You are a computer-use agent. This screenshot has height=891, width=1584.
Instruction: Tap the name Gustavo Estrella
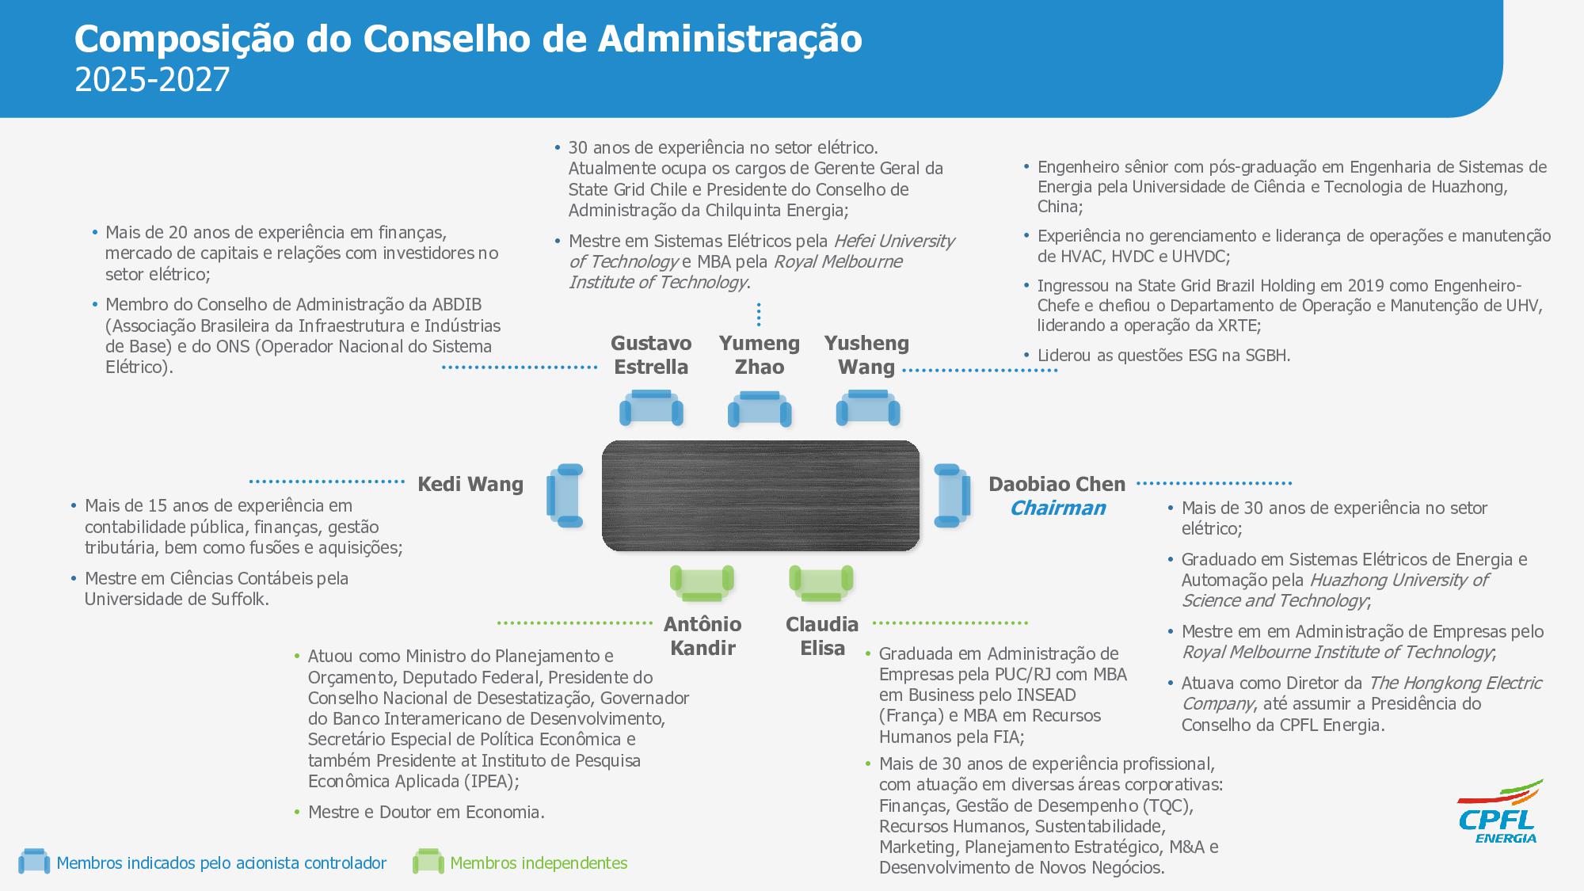coord(651,355)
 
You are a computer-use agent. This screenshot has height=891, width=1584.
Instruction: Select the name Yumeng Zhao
coord(759,355)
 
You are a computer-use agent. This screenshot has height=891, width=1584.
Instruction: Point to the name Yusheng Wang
coord(866,355)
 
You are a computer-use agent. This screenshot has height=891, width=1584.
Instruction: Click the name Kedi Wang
coord(470,484)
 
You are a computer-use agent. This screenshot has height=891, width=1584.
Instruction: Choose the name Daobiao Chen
coord(1057,484)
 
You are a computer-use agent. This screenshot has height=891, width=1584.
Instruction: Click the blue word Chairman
coord(1057,508)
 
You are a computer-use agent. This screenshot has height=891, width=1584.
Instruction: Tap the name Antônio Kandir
coord(703,636)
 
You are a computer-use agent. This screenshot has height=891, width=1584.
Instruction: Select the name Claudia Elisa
coord(822,636)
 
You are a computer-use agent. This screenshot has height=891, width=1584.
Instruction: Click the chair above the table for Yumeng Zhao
coord(760,409)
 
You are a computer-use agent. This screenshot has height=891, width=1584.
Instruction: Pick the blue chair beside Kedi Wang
coord(565,496)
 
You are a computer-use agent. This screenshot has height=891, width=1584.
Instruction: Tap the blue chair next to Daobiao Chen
coord(951,496)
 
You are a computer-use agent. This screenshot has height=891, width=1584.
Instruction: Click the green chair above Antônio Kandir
coord(702,583)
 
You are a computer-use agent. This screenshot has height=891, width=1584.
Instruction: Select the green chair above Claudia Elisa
coord(821,583)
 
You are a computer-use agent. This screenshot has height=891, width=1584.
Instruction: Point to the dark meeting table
coord(760,496)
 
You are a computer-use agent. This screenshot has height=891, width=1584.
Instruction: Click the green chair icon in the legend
coord(428,862)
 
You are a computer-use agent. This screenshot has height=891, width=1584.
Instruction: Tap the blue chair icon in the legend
coord(34,862)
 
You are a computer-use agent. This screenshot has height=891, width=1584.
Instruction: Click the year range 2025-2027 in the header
coord(152,80)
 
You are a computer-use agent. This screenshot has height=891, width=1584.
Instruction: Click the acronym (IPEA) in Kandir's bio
coord(492,782)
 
